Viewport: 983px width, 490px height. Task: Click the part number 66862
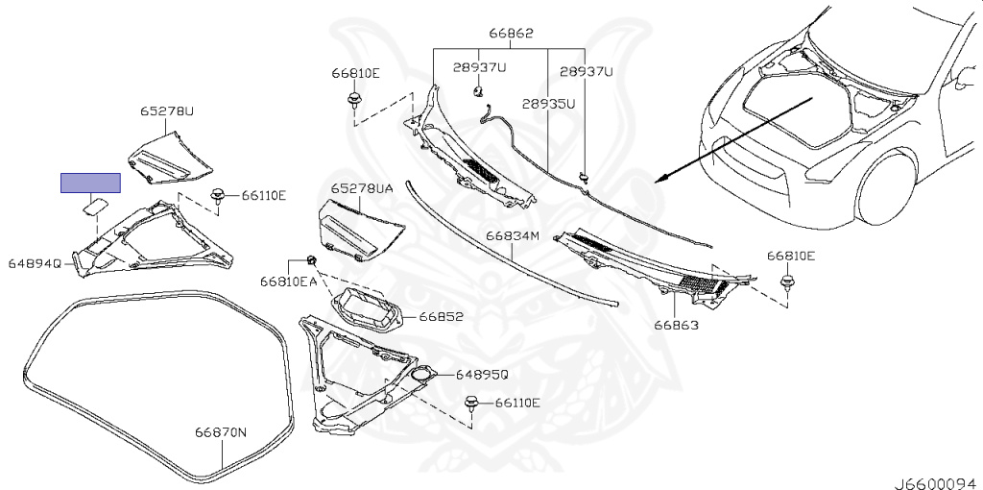pyautogui.click(x=513, y=33)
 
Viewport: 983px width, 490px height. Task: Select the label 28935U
pyautogui.click(x=549, y=104)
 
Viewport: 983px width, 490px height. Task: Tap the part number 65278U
pyautogui.click(x=167, y=111)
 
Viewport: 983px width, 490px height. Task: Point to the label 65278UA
pyautogui.click(x=362, y=190)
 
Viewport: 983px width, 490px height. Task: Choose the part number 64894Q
pyautogui.click(x=36, y=262)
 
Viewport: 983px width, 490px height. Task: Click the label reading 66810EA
pyautogui.click(x=287, y=282)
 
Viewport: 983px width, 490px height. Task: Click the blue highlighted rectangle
pyautogui.click(x=91, y=183)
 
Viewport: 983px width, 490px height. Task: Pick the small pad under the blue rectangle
pyautogui.click(x=95, y=204)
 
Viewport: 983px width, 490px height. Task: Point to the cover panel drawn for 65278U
pyautogui.click(x=171, y=158)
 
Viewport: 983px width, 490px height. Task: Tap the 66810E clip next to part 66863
pyautogui.click(x=788, y=282)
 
